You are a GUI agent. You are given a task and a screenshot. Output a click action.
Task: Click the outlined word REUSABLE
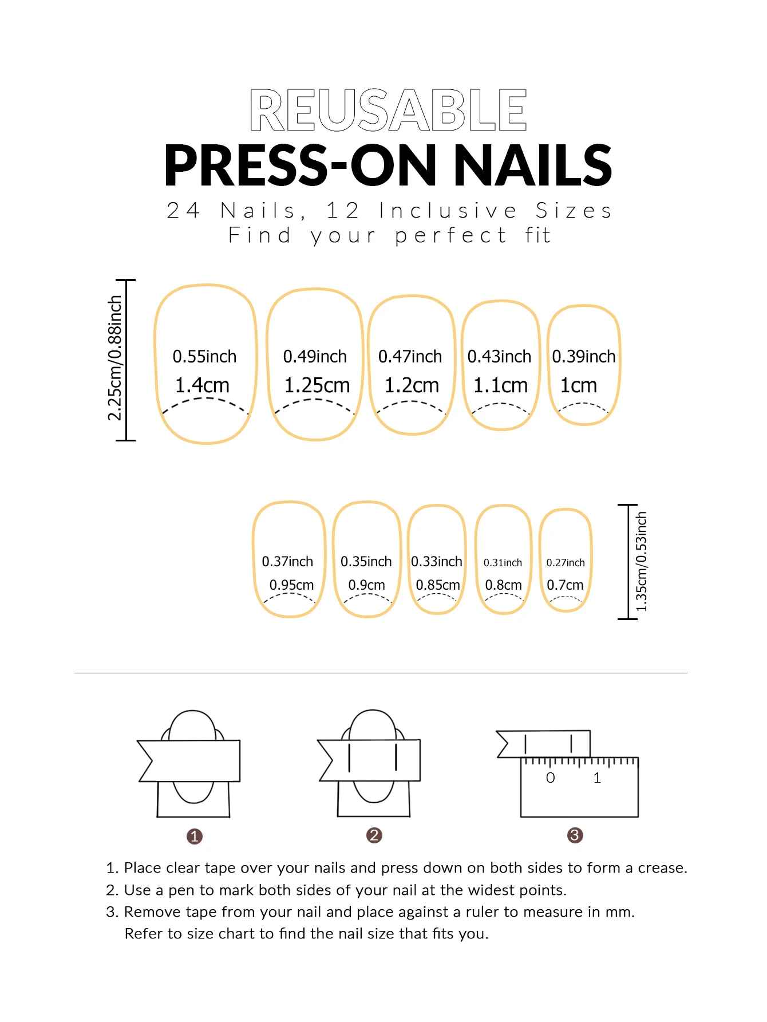(388, 110)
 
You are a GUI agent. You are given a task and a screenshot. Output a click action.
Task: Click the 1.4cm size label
(202, 385)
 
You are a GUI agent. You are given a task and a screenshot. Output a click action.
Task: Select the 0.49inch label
(315, 356)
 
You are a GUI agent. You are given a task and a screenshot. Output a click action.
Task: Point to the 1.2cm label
(412, 385)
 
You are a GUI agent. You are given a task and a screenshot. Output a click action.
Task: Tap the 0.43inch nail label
(499, 356)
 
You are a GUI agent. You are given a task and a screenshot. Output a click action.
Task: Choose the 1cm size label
(578, 385)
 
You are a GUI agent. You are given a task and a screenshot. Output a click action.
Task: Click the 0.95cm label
(291, 585)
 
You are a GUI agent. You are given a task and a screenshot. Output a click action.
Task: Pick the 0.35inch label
(366, 562)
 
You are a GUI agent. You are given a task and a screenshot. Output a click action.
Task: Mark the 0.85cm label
(438, 585)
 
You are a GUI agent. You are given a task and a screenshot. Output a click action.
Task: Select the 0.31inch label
(503, 563)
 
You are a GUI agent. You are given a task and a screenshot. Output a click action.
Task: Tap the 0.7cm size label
(565, 585)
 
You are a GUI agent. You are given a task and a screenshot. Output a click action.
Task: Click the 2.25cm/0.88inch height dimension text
(115, 358)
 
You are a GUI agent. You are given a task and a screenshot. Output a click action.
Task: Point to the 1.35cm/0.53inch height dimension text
(641, 562)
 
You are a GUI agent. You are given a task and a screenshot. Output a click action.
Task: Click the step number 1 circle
(195, 836)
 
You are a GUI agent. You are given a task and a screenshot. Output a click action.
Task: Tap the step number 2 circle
(374, 835)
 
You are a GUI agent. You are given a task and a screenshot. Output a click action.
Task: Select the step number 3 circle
(575, 835)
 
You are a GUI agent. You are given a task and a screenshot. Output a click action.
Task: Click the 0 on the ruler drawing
(550, 778)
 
